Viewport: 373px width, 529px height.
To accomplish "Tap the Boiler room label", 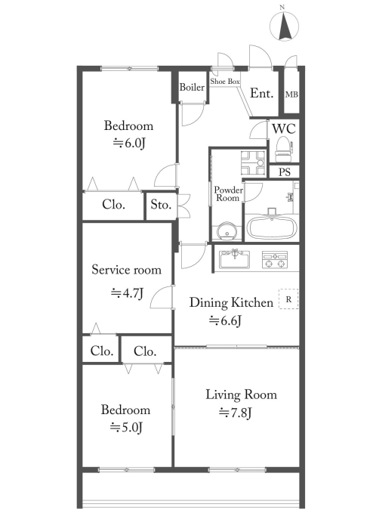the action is point(192,87).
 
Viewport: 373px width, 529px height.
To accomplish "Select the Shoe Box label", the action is point(225,82).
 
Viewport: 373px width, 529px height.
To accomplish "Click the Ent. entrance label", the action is point(261,93).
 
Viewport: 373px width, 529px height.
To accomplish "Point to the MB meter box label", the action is point(291,94).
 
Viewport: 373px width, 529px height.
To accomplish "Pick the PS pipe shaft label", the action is point(285,172).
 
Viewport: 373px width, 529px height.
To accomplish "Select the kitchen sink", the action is point(235,260).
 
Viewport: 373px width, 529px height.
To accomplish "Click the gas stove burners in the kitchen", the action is point(275,260).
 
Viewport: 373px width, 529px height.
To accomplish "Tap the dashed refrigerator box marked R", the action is point(288,299).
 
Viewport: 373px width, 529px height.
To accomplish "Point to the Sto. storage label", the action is point(161,205).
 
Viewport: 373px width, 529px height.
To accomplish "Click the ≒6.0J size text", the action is point(128,144).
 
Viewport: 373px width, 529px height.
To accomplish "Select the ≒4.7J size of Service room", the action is point(128,293).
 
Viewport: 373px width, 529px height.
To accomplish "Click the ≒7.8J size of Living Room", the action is point(235,413).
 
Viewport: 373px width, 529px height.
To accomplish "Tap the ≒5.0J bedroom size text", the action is point(127,428).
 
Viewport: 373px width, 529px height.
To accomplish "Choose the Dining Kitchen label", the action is point(231,302).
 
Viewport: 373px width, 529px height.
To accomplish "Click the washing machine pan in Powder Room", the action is point(254,162).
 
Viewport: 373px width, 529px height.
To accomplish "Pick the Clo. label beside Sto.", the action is point(113,205).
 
